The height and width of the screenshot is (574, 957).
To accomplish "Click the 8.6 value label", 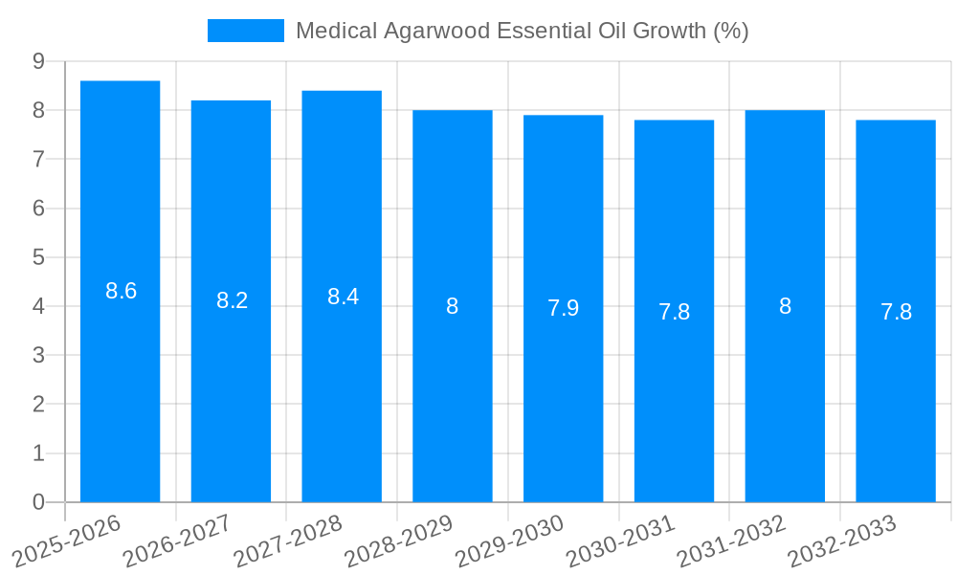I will click(122, 292).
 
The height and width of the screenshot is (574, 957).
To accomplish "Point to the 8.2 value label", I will click(233, 301).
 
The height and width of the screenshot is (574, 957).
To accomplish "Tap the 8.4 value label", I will click(344, 298).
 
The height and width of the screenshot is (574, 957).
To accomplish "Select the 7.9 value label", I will click(564, 309).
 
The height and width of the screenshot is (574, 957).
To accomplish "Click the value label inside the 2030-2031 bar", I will click(675, 313).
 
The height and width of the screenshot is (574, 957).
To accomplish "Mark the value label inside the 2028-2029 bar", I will click(453, 307).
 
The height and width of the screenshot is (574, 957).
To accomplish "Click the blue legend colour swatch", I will click(246, 31).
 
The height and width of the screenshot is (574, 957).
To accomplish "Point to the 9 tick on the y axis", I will click(38, 61).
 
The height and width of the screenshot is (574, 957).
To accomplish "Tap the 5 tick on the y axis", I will click(38, 257).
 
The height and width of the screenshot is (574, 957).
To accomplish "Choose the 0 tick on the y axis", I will click(38, 502).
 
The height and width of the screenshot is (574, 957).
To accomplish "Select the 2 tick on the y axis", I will click(38, 405).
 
